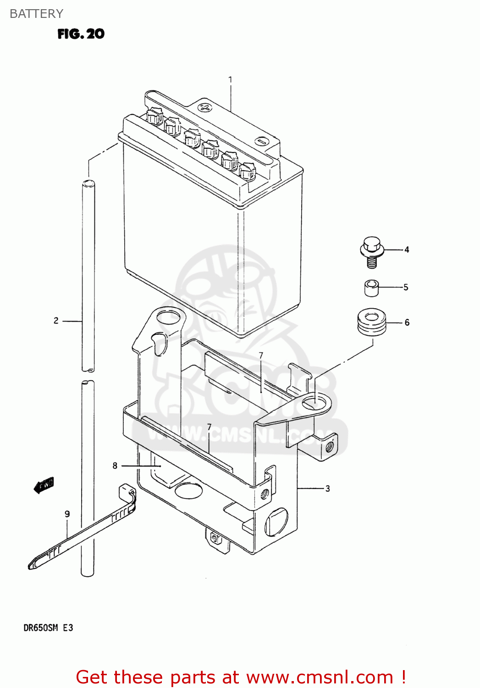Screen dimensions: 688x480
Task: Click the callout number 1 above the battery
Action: (230, 80)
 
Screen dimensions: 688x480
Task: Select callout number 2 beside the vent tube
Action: (56, 321)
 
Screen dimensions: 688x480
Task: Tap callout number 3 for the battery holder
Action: (328, 488)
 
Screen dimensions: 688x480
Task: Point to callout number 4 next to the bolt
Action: (407, 250)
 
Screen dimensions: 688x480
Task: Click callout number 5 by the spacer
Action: (406, 287)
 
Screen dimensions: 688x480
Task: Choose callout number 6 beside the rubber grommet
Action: (407, 322)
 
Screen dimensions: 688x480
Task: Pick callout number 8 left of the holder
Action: (115, 466)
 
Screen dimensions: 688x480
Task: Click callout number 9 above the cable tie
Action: (67, 514)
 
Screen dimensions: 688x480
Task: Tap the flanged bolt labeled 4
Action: (371, 251)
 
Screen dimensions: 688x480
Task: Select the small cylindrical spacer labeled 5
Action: (371, 288)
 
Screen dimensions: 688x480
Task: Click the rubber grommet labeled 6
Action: (371, 322)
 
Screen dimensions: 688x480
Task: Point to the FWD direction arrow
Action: (44, 485)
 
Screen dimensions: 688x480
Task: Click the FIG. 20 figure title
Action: (81, 34)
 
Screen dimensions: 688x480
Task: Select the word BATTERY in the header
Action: (36, 14)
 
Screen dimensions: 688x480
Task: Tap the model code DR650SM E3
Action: (48, 628)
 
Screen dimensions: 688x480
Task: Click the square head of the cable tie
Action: (126, 491)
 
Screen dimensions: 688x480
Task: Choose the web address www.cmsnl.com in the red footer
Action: (320, 677)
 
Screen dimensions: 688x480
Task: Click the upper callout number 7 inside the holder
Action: (261, 355)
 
